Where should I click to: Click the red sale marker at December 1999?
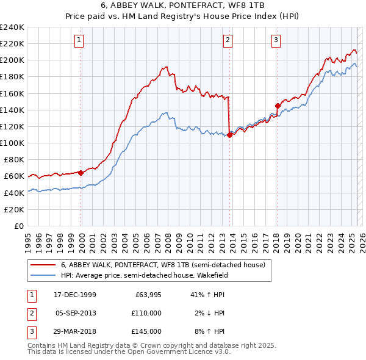(81, 172)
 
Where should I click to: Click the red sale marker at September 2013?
(229, 135)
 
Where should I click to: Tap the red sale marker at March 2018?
(278, 106)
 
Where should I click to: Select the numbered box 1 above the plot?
(80, 41)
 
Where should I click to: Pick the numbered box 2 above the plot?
(228, 41)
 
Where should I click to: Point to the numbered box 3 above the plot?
(276, 41)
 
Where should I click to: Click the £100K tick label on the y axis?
(12, 143)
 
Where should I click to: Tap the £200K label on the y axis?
(12, 60)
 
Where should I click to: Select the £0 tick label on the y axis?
(18, 226)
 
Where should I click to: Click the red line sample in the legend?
(43, 265)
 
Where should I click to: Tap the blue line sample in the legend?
(43, 275)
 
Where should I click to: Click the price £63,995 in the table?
(148, 295)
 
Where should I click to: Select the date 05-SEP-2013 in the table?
(76, 313)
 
